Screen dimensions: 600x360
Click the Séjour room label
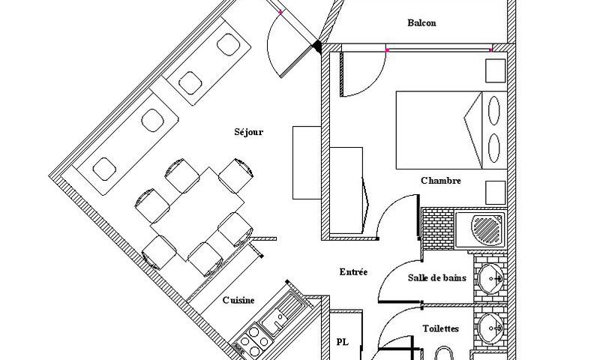tap(249, 132)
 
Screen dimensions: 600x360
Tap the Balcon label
tap(421, 23)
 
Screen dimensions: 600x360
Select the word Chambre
tap(441, 181)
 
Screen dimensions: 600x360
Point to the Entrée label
tap(353, 272)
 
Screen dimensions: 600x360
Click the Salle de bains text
tap(437, 277)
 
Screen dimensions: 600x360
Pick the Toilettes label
tap(441, 328)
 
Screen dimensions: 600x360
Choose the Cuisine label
tap(238, 300)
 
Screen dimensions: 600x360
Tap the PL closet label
tap(343, 342)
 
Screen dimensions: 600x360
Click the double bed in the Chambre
tap(451, 130)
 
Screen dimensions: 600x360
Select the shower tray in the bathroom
tap(481, 229)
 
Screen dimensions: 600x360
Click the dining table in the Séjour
tap(197, 214)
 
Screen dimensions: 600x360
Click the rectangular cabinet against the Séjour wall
tap(307, 163)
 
